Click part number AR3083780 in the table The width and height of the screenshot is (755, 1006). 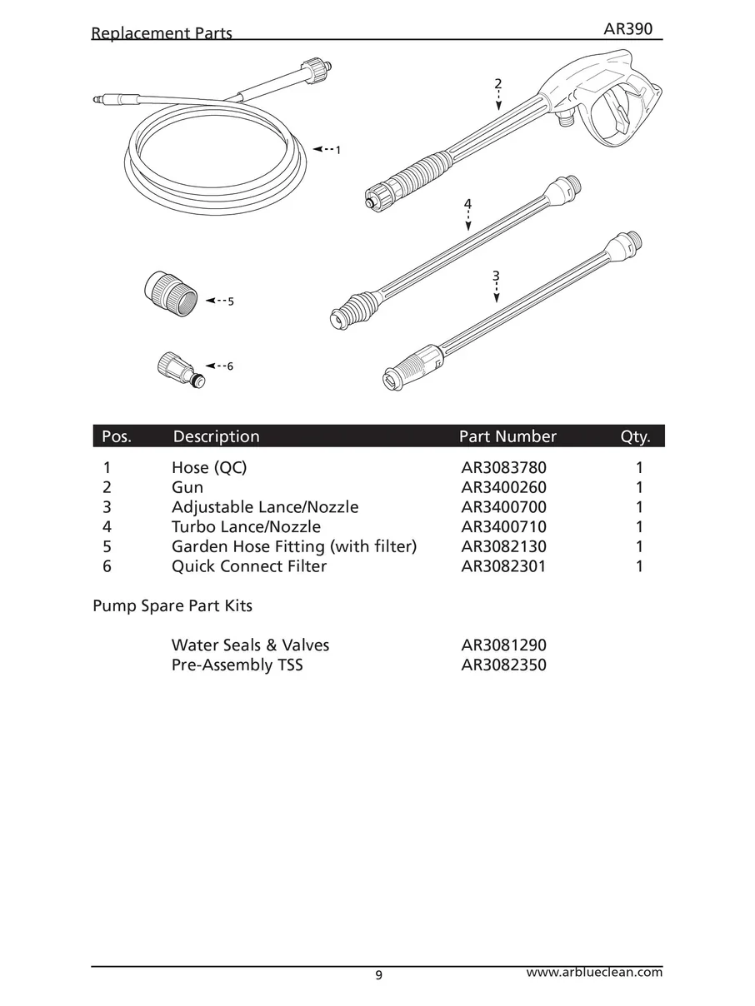(x=503, y=467)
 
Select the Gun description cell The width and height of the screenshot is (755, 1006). (x=187, y=487)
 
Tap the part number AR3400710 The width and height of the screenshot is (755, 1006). (x=503, y=527)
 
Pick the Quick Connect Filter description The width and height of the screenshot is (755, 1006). (x=248, y=567)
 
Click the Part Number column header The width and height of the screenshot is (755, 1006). (x=507, y=436)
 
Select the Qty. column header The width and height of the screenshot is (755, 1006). (x=635, y=436)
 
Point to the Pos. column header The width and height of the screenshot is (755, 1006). (x=117, y=436)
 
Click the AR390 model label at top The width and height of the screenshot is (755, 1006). (x=627, y=30)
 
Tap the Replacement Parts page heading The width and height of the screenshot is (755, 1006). (x=162, y=34)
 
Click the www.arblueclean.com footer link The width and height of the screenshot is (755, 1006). (x=595, y=972)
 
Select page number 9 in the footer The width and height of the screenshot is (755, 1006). (x=379, y=976)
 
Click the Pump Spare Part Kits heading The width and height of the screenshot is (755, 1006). (x=172, y=606)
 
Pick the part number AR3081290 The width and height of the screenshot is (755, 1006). (x=503, y=645)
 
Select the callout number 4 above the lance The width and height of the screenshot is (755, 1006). (x=468, y=203)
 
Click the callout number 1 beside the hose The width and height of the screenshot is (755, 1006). (x=337, y=151)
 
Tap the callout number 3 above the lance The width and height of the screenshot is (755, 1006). (x=496, y=276)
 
